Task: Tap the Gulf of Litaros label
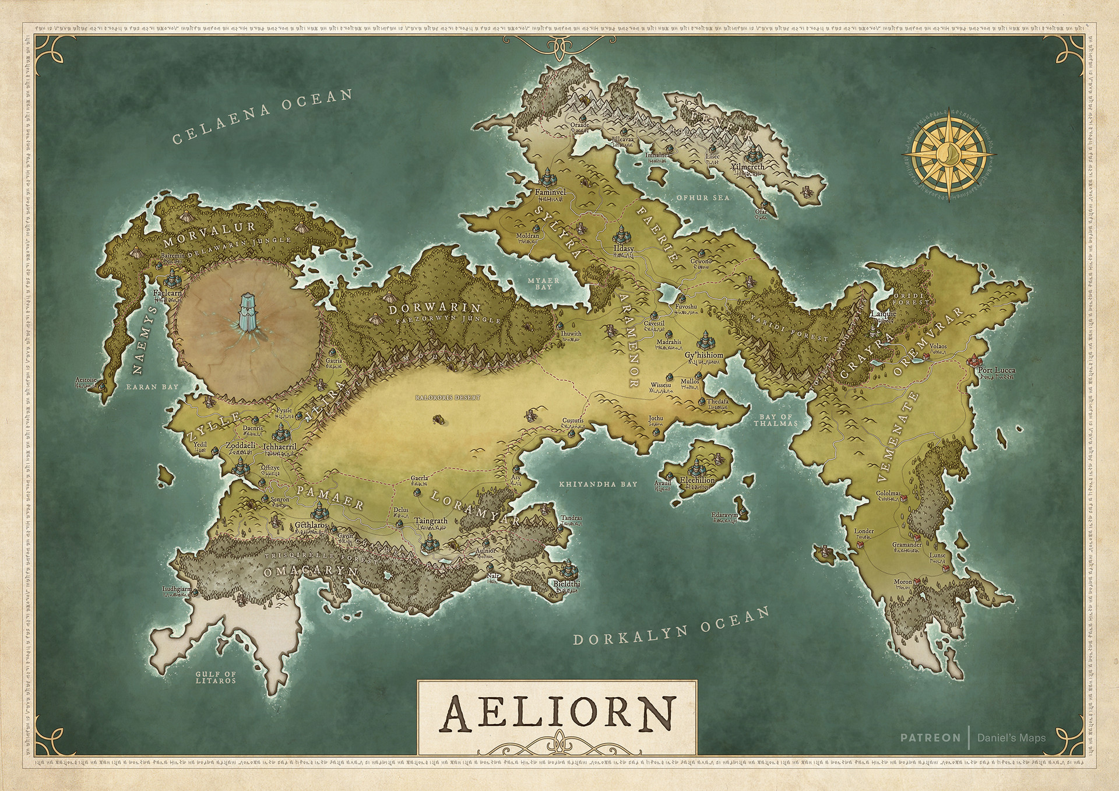(216, 677)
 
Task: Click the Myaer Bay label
(543, 284)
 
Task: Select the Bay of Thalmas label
(776, 420)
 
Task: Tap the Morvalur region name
(210, 227)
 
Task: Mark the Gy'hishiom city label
(703, 355)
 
